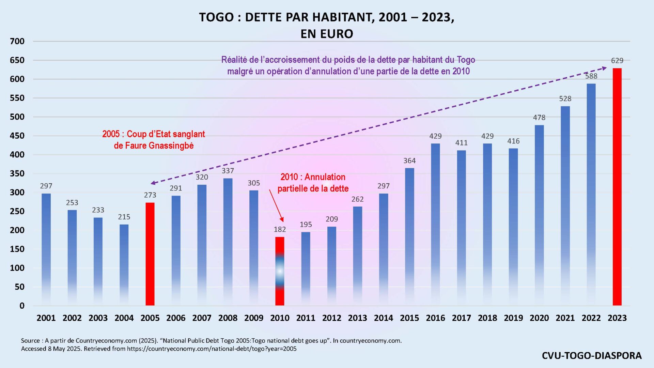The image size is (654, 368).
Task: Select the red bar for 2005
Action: point(150,254)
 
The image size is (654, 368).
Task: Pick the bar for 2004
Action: point(124,264)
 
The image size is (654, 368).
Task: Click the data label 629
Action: point(617,61)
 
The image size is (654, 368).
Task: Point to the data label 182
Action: point(280,229)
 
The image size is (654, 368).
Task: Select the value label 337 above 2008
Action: point(228,171)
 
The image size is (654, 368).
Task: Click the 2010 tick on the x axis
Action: point(280,318)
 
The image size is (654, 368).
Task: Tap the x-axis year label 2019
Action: point(513,318)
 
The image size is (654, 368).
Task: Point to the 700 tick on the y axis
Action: point(17,42)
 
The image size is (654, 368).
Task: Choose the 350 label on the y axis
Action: point(17,174)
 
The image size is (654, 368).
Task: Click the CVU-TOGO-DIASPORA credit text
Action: point(592,355)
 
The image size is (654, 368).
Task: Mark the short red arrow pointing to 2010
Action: point(276,206)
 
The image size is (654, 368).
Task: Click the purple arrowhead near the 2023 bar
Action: point(604,68)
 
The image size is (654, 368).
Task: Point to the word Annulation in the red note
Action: point(325,177)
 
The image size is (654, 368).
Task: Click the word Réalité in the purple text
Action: point(234,60)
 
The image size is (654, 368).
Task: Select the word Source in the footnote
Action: point(30,340)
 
